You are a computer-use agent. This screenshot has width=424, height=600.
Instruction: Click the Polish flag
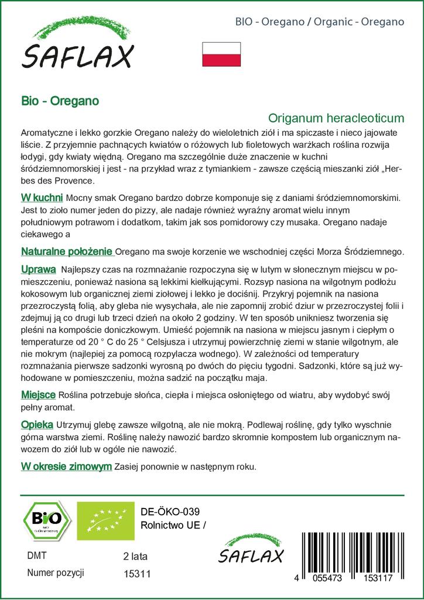[x=221, y=54]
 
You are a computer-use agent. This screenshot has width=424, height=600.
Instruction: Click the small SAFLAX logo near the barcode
[x=251, y=550]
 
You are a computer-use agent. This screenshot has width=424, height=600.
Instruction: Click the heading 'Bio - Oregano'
[x=59, y=100]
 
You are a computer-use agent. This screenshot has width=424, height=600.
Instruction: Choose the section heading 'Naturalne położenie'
[x=67, y=251]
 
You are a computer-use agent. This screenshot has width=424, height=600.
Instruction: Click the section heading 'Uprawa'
[x=38, y=269]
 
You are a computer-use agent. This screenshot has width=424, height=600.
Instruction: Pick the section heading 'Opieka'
[x=37, y=424]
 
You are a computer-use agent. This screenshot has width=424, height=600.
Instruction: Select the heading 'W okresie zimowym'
[x=66, y=466]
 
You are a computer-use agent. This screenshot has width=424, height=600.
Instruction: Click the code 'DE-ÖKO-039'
[x=166, y=511]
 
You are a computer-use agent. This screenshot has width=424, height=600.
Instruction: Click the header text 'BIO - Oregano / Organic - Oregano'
[x=320, y=22]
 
